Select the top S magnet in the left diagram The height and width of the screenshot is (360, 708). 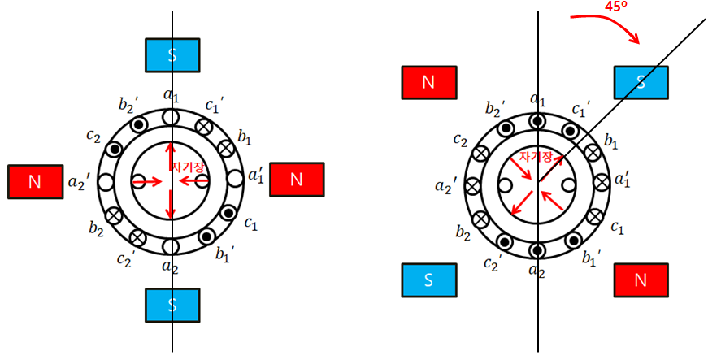[x=172, y=54]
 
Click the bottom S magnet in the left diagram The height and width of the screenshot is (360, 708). [x=172, y=305]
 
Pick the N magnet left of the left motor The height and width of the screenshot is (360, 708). [x=34, y=181]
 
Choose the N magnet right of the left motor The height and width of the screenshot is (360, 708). [x=296, y=180]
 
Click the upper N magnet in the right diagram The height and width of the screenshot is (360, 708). [x=429, y=82]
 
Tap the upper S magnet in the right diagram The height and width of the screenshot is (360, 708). [x=641, y=81]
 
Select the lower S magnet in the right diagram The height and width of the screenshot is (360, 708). [x=429, y=280]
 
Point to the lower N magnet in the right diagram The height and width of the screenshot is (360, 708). [x=641, y=280]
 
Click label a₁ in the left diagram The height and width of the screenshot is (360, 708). [x=171, y=97]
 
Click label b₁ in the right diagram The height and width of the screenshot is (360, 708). [x=610, y=141]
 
